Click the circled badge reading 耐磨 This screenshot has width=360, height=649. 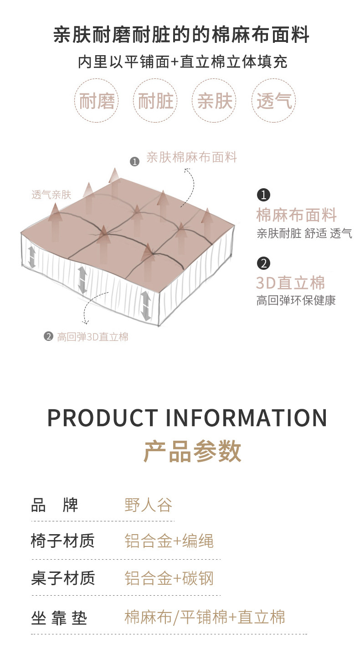[97, 101]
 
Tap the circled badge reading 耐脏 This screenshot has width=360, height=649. [156, 101]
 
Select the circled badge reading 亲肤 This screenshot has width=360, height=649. [215, 101]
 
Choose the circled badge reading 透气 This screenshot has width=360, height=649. [274, 101]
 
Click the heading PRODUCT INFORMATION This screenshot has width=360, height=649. [187, 417]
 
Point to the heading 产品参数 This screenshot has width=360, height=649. [192, 451]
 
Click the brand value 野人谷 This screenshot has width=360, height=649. [149, 505]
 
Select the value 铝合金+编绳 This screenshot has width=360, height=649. [169, 541]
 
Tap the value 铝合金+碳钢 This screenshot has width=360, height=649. [169, 578]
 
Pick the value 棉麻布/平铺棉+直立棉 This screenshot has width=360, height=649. [205, 617]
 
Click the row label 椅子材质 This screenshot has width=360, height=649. [63, 541]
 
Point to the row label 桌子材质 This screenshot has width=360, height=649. [63, 578]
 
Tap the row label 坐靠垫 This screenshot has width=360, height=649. [59, 618]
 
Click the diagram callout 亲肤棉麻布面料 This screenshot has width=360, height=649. [192, 158]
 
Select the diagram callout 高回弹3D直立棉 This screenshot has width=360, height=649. [93, 337]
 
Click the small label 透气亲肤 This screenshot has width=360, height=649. [51, 195]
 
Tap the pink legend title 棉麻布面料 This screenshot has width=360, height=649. [297, 215]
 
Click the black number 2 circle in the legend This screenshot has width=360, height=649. [263, 263]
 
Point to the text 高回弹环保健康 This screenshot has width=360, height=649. [296, 301]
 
